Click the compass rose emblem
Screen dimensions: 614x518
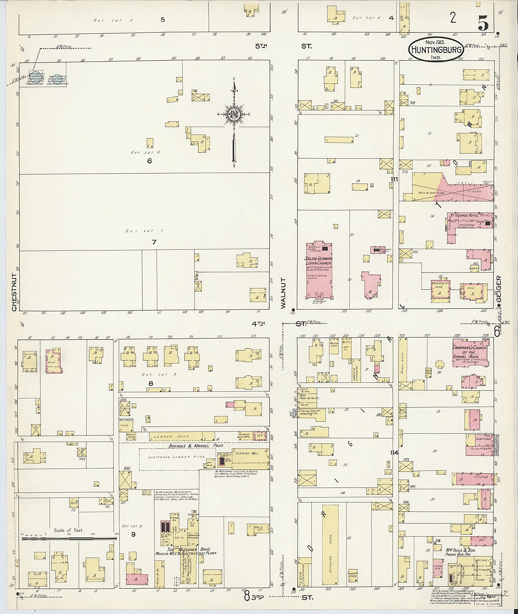pos(234,114)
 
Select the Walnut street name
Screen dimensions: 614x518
pos(283,293)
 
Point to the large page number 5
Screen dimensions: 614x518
pos(483,23)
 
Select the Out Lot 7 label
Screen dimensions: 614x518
pos(144,231)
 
